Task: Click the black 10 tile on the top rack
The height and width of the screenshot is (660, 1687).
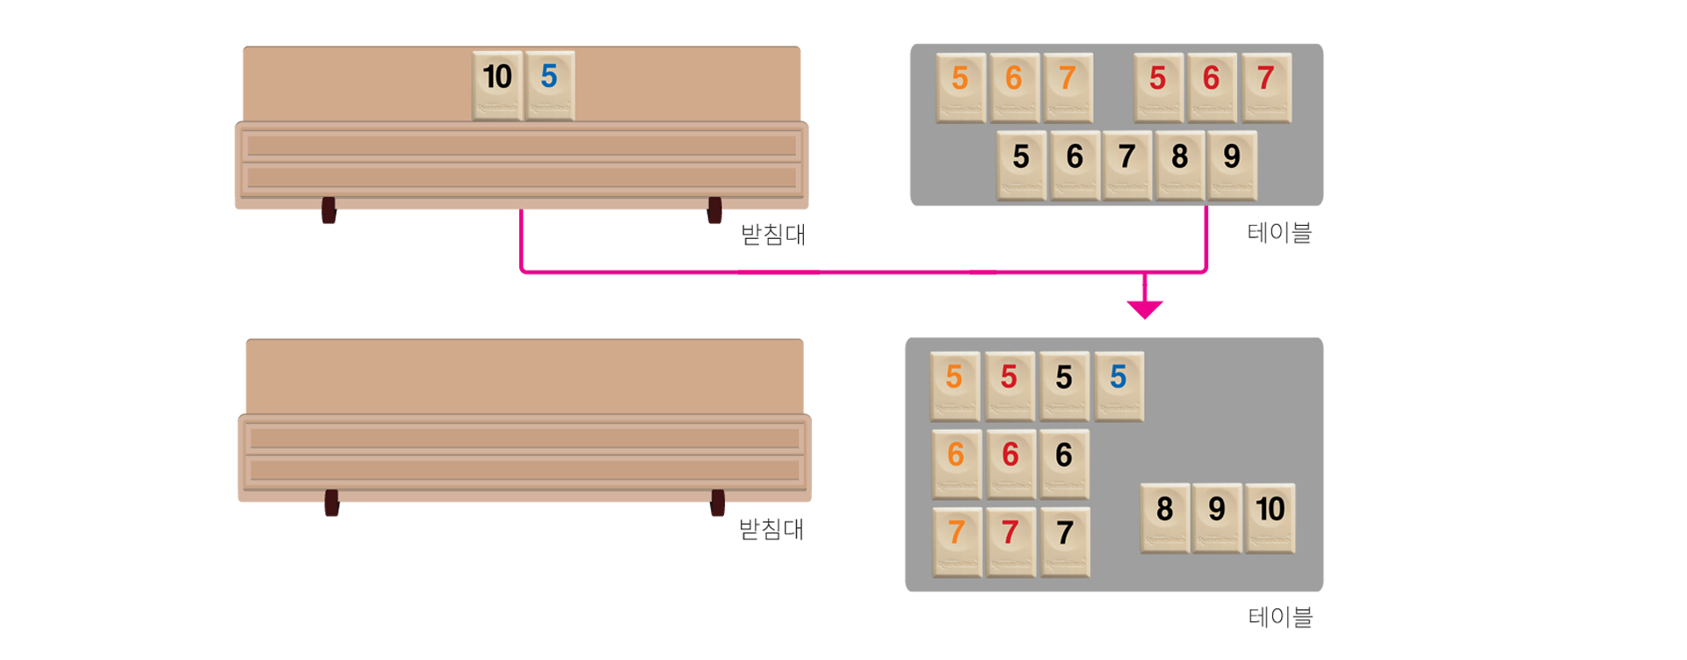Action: coord(497,84)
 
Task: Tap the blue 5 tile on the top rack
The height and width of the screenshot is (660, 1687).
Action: coord(549,84)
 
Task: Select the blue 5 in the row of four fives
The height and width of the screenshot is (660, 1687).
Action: coord(1118,385)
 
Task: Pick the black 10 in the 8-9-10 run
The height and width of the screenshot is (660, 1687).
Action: coord(1270,517)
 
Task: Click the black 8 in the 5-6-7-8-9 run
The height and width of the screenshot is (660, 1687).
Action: coord(1179,164)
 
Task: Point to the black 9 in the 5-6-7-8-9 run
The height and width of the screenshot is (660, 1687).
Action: coord(1232,164)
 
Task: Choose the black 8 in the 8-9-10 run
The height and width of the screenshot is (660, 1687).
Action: coord(1164,517)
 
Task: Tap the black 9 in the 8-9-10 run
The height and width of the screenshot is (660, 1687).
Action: coord(1217,517)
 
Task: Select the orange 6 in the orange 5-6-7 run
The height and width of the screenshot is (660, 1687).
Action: coord(1014,86)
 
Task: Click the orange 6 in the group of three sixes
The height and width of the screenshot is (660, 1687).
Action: coord(956,462)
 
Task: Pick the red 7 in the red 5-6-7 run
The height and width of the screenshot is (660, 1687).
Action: coord(1265,86)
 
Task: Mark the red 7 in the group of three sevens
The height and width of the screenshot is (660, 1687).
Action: coord(1010,540)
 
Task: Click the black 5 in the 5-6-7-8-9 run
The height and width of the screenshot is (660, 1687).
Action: coord(1021,164)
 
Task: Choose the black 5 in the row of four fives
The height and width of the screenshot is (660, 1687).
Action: coord(1063,385)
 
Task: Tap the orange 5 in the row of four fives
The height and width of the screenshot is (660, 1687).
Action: coord(954,385)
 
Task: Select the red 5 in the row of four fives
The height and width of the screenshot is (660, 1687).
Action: coord(1009,385)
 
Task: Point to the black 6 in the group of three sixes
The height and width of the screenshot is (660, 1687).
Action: coord(1063,462)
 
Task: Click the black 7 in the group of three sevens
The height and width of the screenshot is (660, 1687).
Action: coord(1065,540)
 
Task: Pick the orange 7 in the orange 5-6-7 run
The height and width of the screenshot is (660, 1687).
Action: coord(1068,86)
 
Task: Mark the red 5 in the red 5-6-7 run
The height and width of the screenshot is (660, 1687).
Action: coord(1158,86)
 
